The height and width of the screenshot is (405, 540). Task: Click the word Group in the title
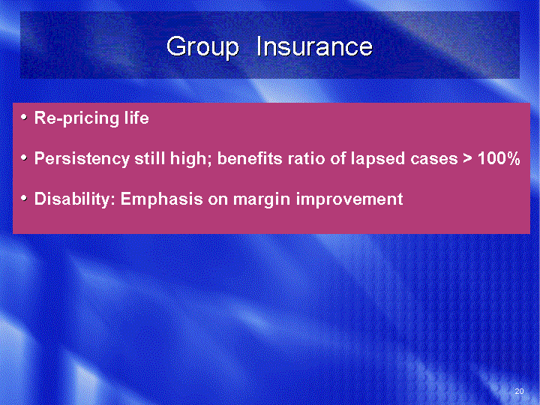point(202,47)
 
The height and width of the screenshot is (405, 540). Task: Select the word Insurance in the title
point(314,46)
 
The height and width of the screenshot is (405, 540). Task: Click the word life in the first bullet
point(136,118)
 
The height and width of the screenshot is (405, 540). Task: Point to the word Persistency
point(82,159)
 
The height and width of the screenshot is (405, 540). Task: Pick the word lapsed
point(377,159)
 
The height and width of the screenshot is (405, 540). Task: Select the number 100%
point(499,158)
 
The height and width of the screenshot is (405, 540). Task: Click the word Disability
point(75,199)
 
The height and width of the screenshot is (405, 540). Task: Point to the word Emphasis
point(161,199)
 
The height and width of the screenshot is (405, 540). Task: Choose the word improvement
point(349,199)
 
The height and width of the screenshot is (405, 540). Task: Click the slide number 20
point(519,391)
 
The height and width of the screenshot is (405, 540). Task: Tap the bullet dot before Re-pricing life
point(24,118)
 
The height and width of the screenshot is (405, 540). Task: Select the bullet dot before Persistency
point(24,157)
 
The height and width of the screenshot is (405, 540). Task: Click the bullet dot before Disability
point(24,198)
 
